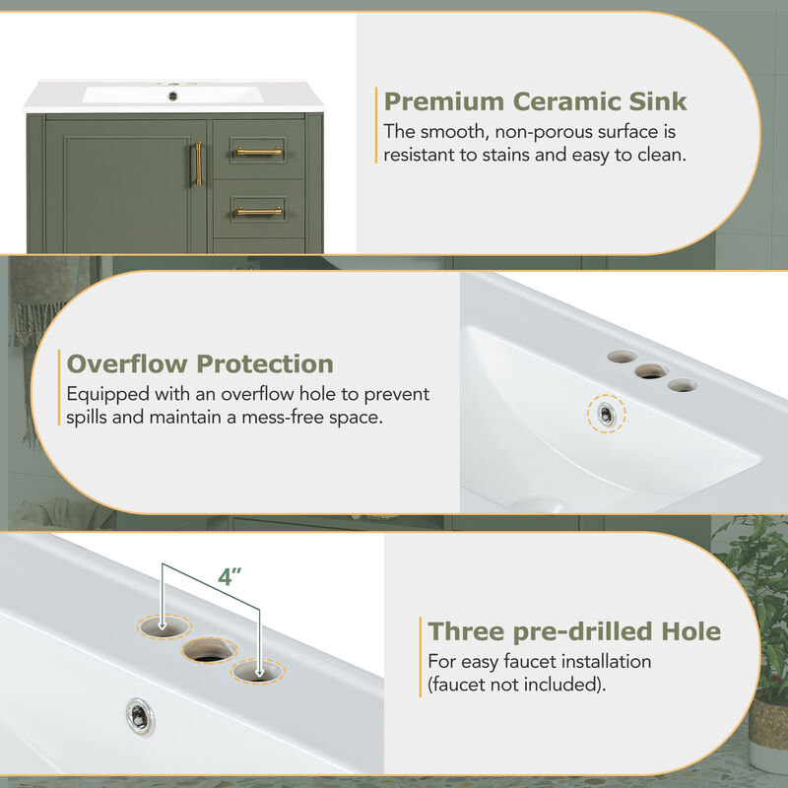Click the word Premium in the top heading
[444, 101]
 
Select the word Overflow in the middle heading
[127, 363]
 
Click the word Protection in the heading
[265, 363]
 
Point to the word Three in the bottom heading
[466, 631]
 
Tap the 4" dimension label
[230, 577]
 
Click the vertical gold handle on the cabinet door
[199, 164]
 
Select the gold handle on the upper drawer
[259, 152]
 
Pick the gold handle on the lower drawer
[259, 211]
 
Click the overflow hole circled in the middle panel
[606, 414]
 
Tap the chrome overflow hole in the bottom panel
[140, 717]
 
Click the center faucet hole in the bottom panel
[210, 651]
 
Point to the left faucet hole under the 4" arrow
[164, 626]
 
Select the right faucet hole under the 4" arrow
[257, 671]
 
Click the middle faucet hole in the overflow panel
[651, 371]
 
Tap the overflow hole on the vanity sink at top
[173, 96]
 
